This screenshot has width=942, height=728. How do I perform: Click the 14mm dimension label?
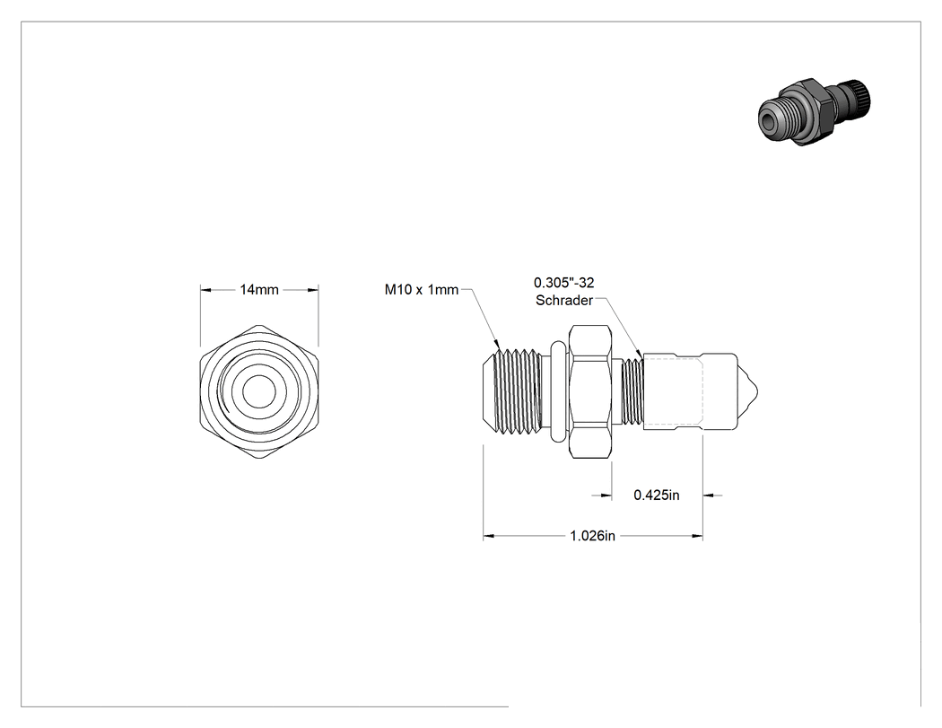coord(259,290)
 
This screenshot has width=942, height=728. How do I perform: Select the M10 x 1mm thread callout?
coord(421,290)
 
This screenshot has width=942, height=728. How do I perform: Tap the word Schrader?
coord(564,300)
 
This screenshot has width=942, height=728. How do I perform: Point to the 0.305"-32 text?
coord(564,283)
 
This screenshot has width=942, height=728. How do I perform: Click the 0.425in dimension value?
coord(657,495)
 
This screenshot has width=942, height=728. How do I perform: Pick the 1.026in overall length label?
coord(592,536)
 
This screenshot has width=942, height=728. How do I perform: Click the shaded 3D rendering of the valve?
coord(814,111)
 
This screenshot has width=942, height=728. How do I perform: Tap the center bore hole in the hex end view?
coord(259,392)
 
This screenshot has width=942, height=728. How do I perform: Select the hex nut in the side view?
coord(590,392)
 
